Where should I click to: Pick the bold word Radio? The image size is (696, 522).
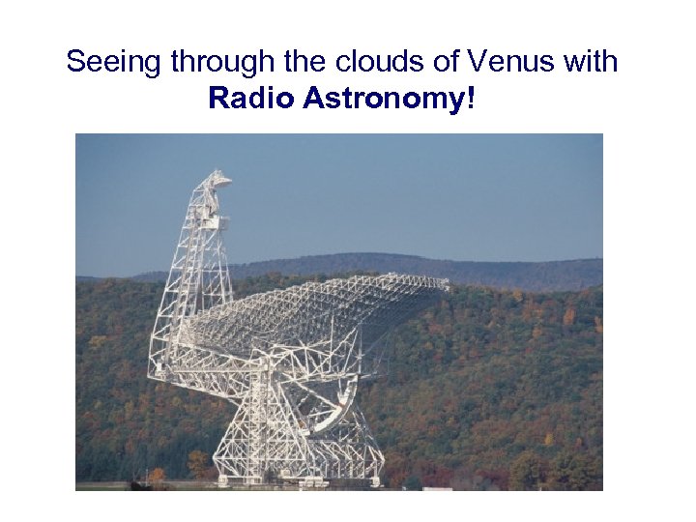pos(251,98)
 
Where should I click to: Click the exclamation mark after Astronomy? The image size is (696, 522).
pos(471,98)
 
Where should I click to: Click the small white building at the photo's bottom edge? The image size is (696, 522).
pos(437,487)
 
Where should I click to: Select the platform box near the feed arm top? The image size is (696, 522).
pos(215,221)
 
